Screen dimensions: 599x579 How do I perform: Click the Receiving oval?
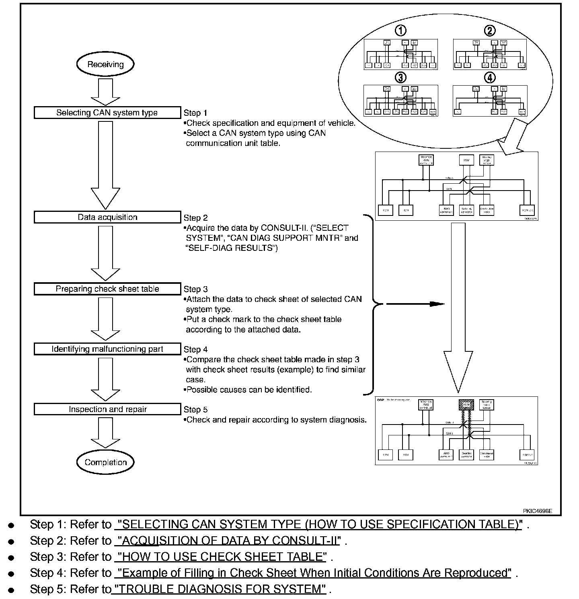pyautogui.click(x=105, y=64)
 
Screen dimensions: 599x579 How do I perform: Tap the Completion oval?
pyautogui.click(x=105, y=462)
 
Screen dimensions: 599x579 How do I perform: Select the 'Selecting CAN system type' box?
pyautogui.click(x=107, y=113)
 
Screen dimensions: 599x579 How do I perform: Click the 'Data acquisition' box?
pyautogui.click(x=107, y=217)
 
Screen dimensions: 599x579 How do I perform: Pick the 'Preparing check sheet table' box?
pyautogui.click(x=107, y=289)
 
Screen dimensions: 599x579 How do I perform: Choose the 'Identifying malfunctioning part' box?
pyautogui.click(x=107, y=349)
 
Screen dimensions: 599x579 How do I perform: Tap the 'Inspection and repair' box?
pyautogui.click(x=107, y=409)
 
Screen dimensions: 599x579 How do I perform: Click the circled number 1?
pyautogui.click(x=400, y=31)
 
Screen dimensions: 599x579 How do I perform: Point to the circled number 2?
pyautogui.click(x=489, y=31)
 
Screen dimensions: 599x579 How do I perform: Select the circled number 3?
pyautogui.click(x=400, y=77)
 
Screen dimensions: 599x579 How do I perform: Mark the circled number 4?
pyautogui.click(x=489, y=77)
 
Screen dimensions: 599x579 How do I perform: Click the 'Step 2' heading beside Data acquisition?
pyautogui.click(x=196, y=218)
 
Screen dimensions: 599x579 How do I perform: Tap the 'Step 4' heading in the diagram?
pyautogui.click(x=196, y=349)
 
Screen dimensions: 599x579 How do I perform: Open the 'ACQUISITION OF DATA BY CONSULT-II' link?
pyautogui.click(x=228, y=541)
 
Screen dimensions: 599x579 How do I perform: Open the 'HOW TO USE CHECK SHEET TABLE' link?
pyautogui.click(x=220, y=557)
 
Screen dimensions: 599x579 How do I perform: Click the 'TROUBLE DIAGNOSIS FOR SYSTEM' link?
pyautogui.click(x=220, y=589)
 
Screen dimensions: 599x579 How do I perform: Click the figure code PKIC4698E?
pyautogui.click(x=537, y=511)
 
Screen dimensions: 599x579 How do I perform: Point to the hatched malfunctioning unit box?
pyautogui.click(x=466, y=404)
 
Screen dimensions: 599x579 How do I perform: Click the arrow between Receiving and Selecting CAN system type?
pyautogui.click(x=105, y=92)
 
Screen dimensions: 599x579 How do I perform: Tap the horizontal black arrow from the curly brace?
pyautogui.click(x=414, y=304)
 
